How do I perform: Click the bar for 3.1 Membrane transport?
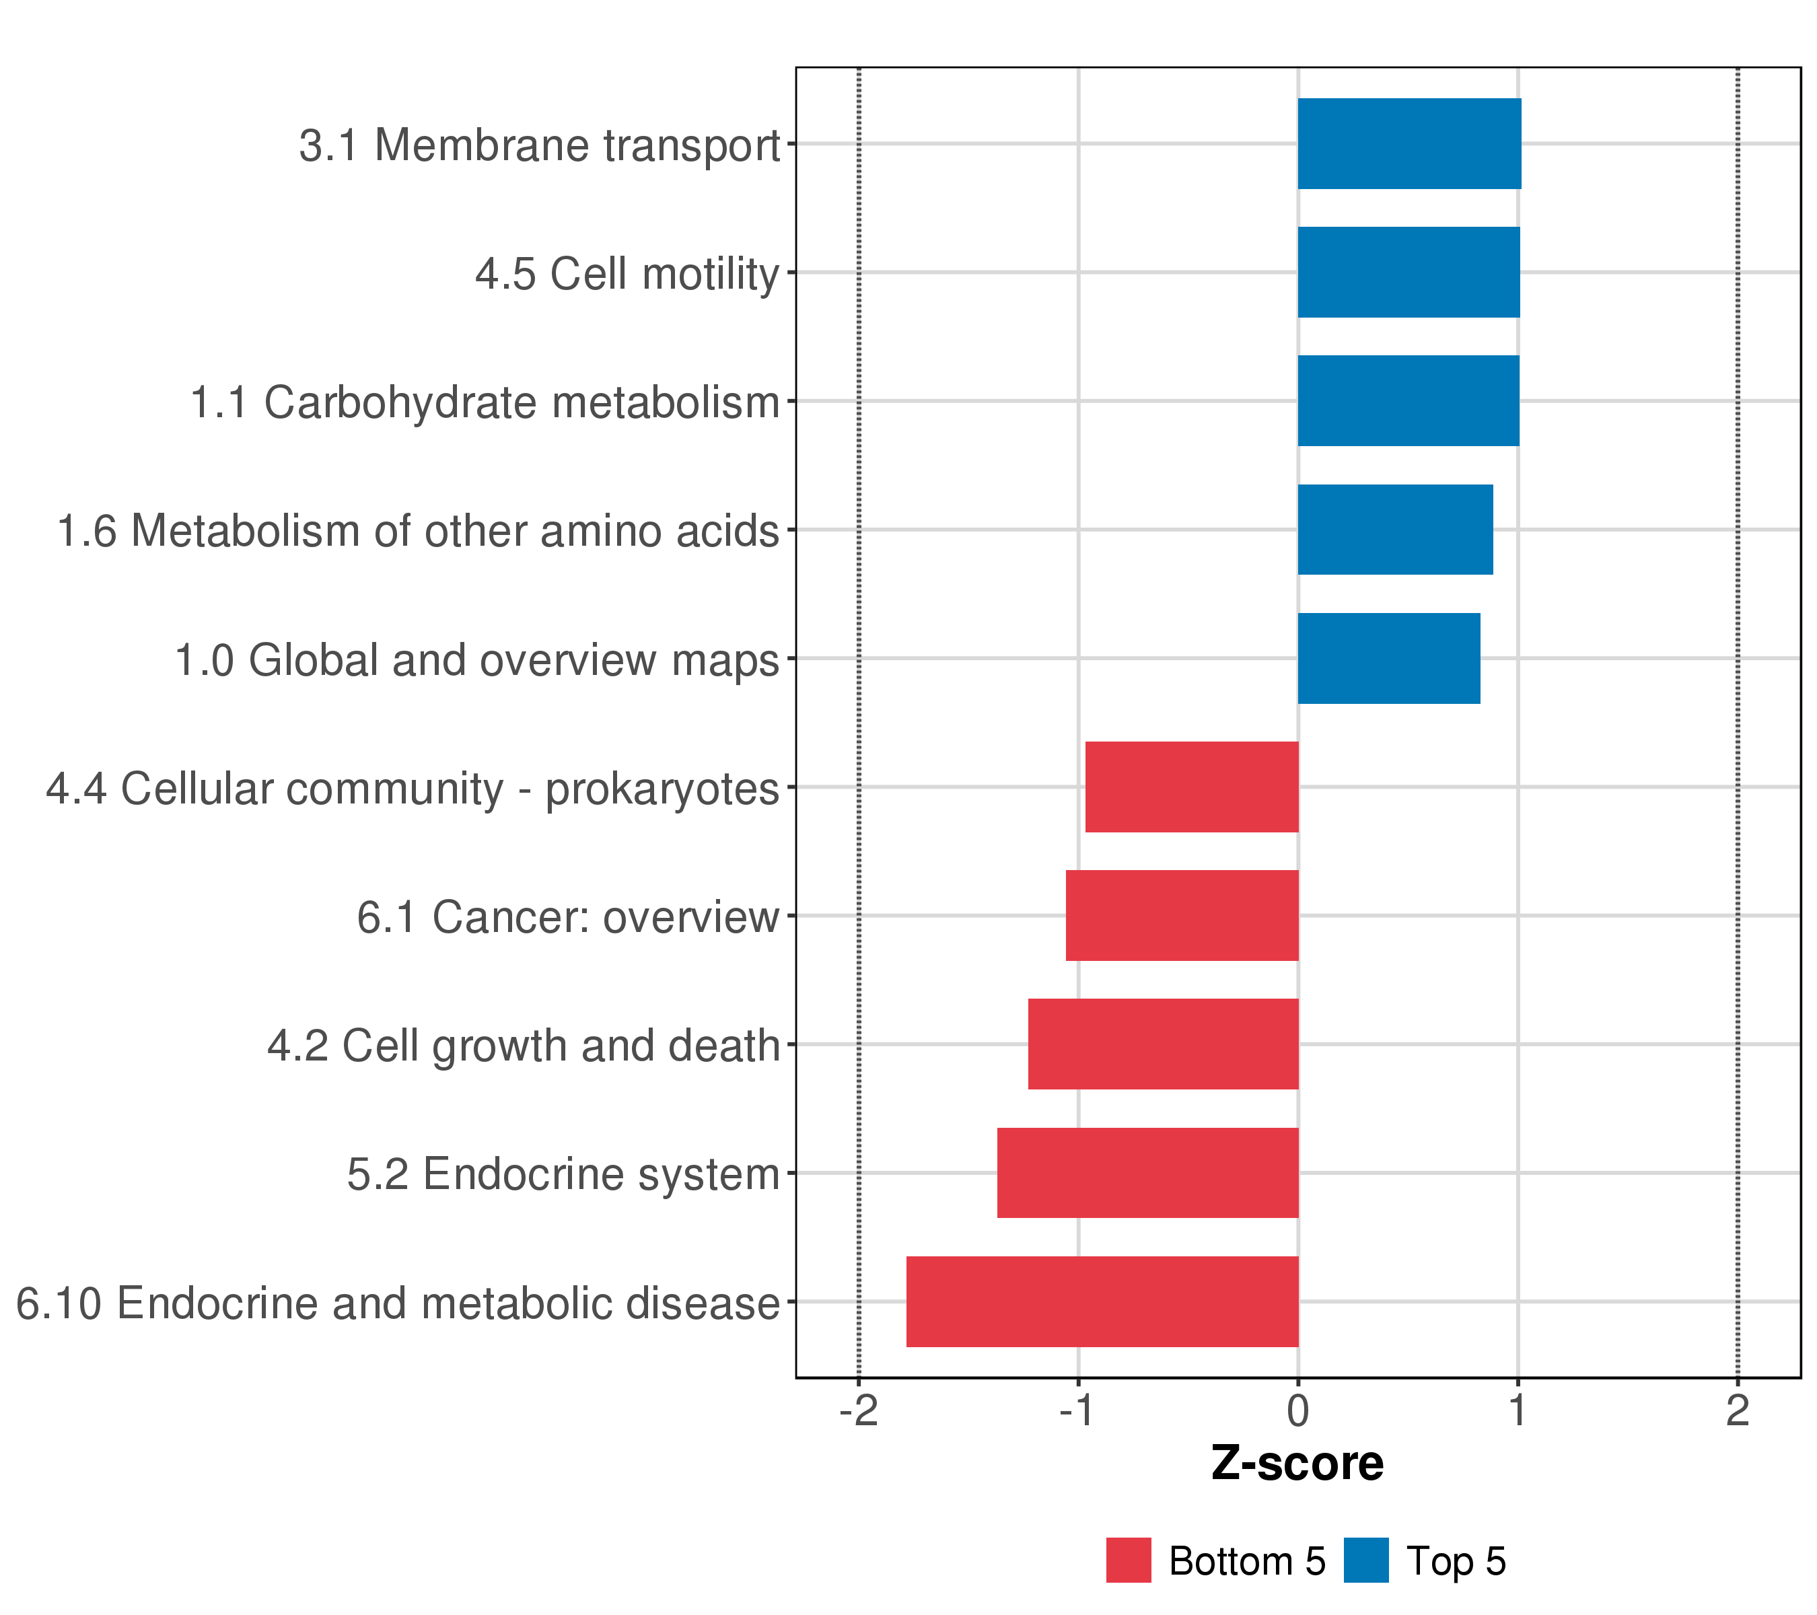coord(1409,143)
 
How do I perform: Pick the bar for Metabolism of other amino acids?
coord(1395,530)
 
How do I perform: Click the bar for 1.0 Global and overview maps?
coord(1388,659)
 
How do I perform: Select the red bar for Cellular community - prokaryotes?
coord(1192,787)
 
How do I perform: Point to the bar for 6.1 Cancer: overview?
coord(1182,915)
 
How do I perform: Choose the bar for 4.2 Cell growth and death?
coord(1164,1044)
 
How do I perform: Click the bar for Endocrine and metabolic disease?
coord(1102,1302)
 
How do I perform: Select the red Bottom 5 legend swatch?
coord(1128,1560)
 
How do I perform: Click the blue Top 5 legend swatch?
coord(1365,1560)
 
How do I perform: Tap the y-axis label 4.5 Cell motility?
coord(627,274)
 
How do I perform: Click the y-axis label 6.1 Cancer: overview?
coord(568,917)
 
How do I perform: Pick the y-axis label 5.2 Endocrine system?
coord(563,1174)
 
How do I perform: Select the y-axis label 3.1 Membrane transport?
coord(538,145)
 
